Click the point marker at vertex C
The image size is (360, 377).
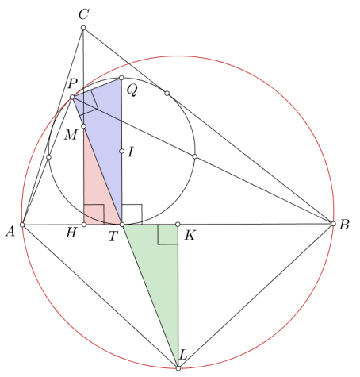point(83,28)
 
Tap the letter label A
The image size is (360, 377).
point(10,232)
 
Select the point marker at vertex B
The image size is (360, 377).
point(333,224)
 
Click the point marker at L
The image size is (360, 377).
point(178,368)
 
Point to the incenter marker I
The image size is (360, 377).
point(121,151)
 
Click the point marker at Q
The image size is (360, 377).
point(121,78)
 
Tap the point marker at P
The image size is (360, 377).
point(72,98)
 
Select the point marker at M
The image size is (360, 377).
point(83,126)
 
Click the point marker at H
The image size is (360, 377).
point(84,225)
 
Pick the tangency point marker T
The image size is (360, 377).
point(122,225)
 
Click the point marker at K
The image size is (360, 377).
point(178,225)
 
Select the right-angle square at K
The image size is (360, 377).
point(168,234)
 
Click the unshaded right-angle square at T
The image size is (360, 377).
point(132,214)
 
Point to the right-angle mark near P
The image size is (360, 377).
point(89,102)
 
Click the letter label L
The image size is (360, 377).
point(183,355)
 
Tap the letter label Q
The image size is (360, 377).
point(132,90)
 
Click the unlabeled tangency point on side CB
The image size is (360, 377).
point(167,93)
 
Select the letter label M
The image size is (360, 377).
point(71,135)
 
